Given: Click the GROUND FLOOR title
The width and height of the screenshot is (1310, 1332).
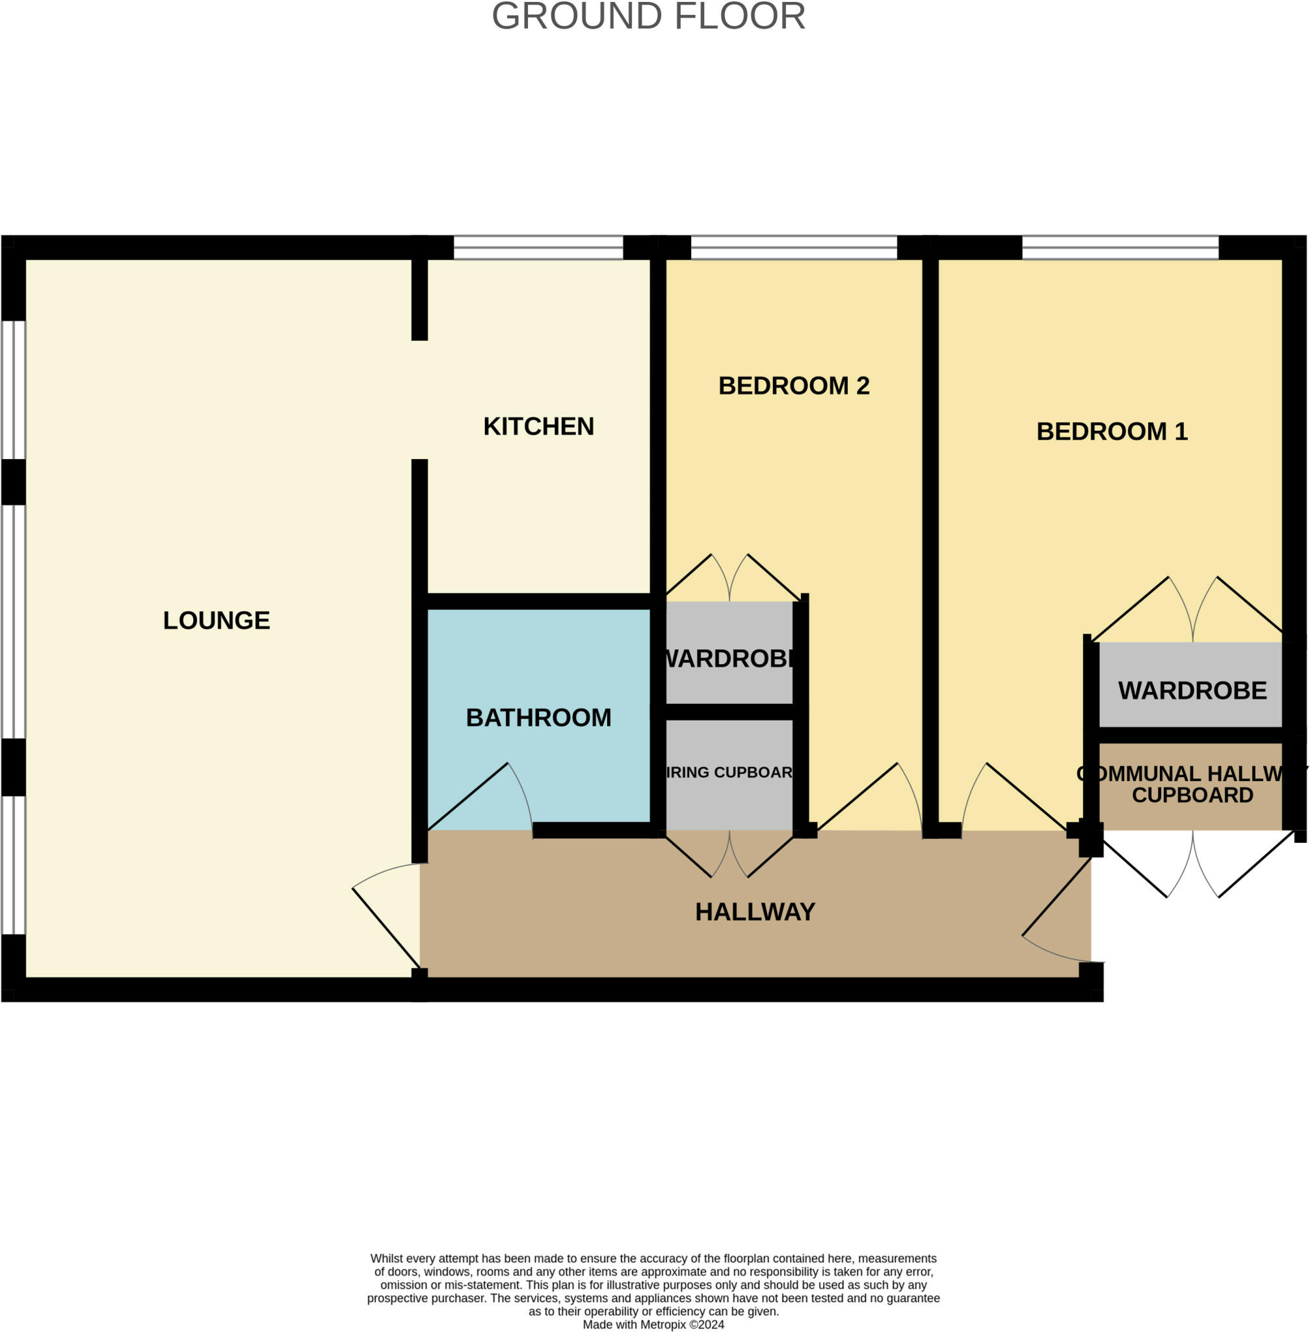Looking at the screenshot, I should [648, 16].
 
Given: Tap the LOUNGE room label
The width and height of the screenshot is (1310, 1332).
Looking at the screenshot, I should [216, 620].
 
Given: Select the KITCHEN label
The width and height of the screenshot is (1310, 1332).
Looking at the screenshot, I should [538, 426].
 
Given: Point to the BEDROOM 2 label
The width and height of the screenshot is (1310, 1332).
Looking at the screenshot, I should [793, 386].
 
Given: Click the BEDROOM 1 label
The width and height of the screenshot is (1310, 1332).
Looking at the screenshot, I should [1111, 432].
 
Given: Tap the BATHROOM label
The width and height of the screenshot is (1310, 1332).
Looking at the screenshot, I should [538, 717].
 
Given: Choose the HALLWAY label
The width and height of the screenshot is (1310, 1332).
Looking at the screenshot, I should [755, 911].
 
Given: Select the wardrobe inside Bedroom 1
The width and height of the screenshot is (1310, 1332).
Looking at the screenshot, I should [1192, 691].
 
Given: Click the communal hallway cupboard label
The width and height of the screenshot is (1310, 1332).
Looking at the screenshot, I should [1192, 784].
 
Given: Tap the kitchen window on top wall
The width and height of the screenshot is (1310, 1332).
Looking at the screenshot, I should [538, 247].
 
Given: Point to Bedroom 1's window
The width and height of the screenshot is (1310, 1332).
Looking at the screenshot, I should [1120, 247].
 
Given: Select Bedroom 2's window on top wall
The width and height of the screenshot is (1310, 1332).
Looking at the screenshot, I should [793, 247].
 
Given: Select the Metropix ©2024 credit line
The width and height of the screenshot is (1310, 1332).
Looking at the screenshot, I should [653, 1324].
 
